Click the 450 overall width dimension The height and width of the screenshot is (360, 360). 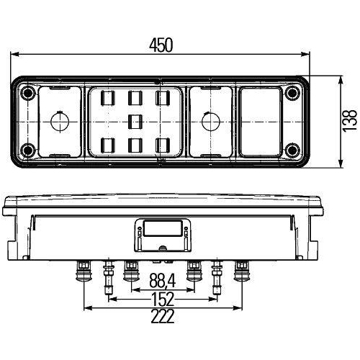161,44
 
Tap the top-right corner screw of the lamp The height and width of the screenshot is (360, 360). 292,94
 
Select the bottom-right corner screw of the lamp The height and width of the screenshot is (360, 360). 292,149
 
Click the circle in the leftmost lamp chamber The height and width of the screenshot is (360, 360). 59,121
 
